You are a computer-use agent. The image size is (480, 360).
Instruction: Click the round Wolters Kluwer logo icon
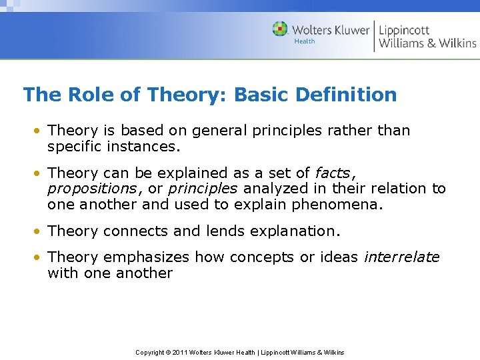[280, 29]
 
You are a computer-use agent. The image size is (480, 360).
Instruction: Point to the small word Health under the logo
[305, 41]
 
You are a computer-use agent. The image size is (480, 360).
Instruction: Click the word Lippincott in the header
[405, 29]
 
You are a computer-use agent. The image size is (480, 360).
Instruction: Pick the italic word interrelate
[401, 257]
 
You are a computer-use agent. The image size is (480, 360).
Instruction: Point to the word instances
[143, 146]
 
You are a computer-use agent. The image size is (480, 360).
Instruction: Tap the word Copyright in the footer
[150, 352]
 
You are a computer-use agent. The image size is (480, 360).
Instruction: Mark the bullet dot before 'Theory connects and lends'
[41, 231]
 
